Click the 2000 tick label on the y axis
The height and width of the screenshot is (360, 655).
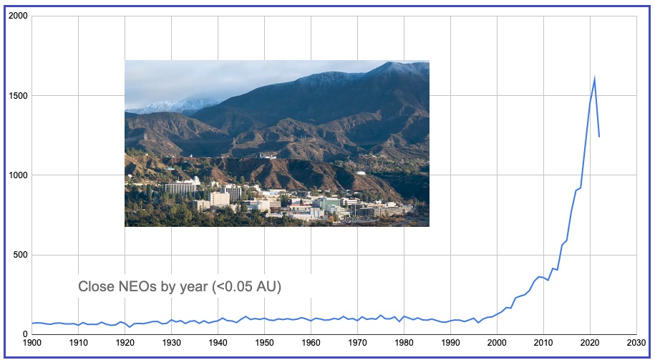tap(19, 16)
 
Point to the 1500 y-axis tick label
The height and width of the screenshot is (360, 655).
tap(19, 96)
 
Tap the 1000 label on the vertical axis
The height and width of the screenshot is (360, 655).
tap(19, 175)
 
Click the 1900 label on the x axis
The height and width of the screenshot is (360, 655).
tap(32, 343)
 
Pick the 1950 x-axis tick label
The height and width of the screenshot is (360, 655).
tap(264, 343)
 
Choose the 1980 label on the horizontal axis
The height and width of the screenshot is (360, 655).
tap(404, 343)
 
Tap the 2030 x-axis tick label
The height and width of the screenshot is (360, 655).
tap(636, 343)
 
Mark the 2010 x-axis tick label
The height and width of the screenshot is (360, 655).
tap(543, 343)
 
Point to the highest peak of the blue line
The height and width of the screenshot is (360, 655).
tap(594, 78)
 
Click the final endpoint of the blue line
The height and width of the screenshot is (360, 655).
tap(599, 137)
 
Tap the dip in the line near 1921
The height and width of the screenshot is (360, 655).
tap(130, 326)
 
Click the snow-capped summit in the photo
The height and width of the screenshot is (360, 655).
tap(391, 64)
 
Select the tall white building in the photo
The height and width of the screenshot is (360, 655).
tap(180, 188)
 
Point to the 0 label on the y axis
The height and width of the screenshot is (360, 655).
tap(24, 334)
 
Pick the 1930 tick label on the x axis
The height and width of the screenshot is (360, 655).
tap(172, 343)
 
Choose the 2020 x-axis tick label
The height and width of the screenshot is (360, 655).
tap(590, 343)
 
